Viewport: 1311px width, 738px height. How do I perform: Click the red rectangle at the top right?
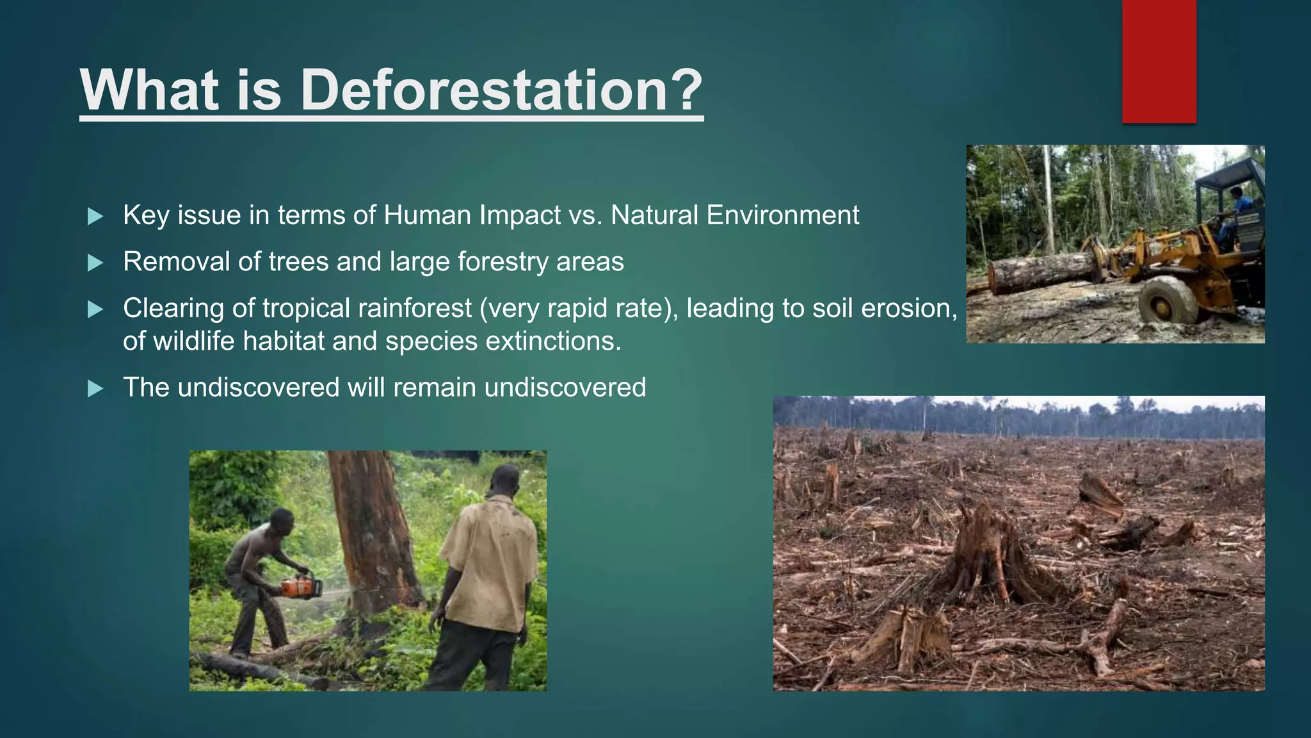pyautogui.click(x=1159, y=61)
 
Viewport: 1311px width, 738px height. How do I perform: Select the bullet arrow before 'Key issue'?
pyautogui.click(x=95, y=217)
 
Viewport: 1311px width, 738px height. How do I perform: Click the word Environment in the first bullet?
pyautogui.click(x=782, y=215)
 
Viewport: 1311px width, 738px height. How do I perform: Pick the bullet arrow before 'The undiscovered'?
pyautogui.click(x=95, y=388)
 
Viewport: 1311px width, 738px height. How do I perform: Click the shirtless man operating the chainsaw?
pyautogui.click(x=259, y=570)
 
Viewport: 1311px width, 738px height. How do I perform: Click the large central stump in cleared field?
pyautogui.click(x=986, y=557)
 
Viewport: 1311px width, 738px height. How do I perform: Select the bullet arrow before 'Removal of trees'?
pyautogui.click(x=95, y=263)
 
